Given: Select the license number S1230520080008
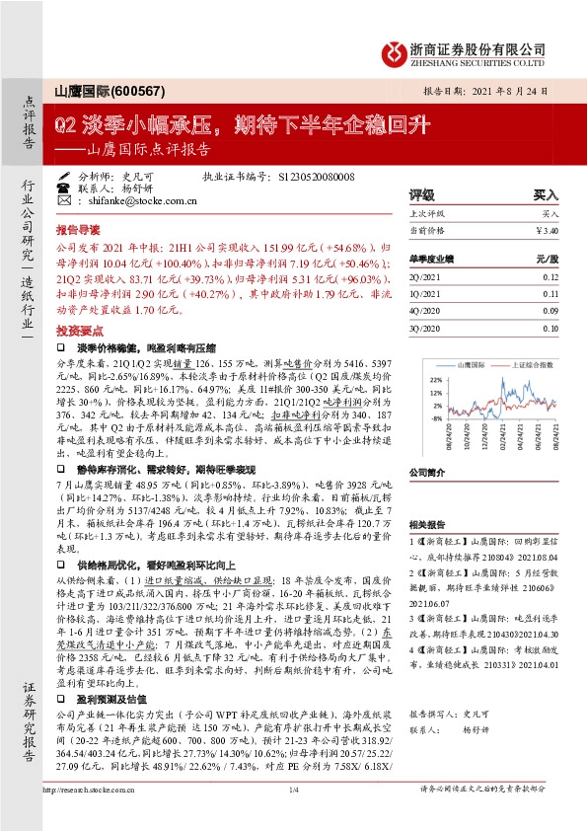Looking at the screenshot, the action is point(315,177).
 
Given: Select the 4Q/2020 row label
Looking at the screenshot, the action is point(424,310).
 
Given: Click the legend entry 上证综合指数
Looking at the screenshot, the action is point(526,364).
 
